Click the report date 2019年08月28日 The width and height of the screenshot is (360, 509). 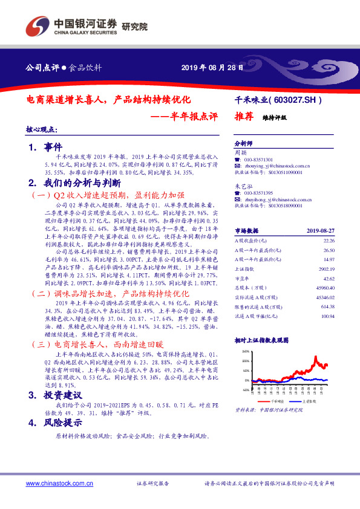(213, 67)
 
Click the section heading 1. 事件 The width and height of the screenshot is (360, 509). (41, 147)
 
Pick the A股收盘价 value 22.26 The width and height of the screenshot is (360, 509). (329, 241)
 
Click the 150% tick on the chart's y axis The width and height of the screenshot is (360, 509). (245, 351)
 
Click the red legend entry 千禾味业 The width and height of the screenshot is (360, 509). (277, 401)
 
